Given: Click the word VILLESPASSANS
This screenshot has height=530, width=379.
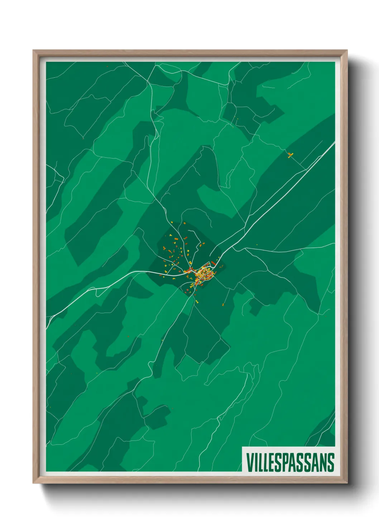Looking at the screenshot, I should pyautogui.click(x=290, y=462).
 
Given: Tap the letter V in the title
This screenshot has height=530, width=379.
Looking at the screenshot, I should pyautogui.click(x=249, y=462).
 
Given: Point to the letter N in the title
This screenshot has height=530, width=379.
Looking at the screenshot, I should pyautogui.click(x=322, y=462).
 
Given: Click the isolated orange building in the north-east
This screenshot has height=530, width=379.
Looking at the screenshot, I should pyautogui.click(x=290, y=155).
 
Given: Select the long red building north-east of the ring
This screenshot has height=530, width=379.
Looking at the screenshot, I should pyautogui.click(x=214, y=264).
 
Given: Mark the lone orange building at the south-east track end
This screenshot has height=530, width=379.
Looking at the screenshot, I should pyautogui.click(x=223, y=305).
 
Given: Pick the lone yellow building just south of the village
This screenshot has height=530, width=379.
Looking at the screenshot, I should pyautogui.click(x=196, y=302).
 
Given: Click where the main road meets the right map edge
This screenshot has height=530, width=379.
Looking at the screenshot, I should pyautogui.click(x=334, y=142).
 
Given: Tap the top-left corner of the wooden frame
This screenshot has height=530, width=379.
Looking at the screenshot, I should pyautogui.click(x=33, y=50).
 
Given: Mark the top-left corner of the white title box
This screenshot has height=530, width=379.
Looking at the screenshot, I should pyautogui.click(x=243, y=447).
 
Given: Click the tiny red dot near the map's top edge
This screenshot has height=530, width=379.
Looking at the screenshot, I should pyautogui.click(x=107, y=66).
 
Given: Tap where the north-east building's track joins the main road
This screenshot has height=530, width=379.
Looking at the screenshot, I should pyautogui.click(x=305, y=169).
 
